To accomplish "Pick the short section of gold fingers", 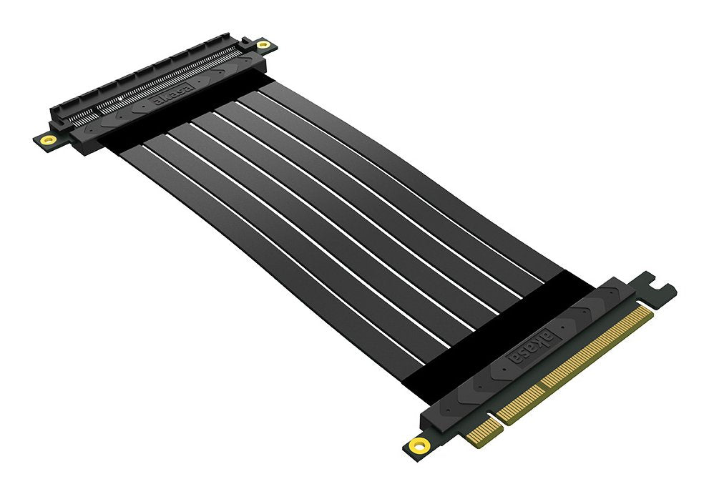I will pos(481,429).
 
